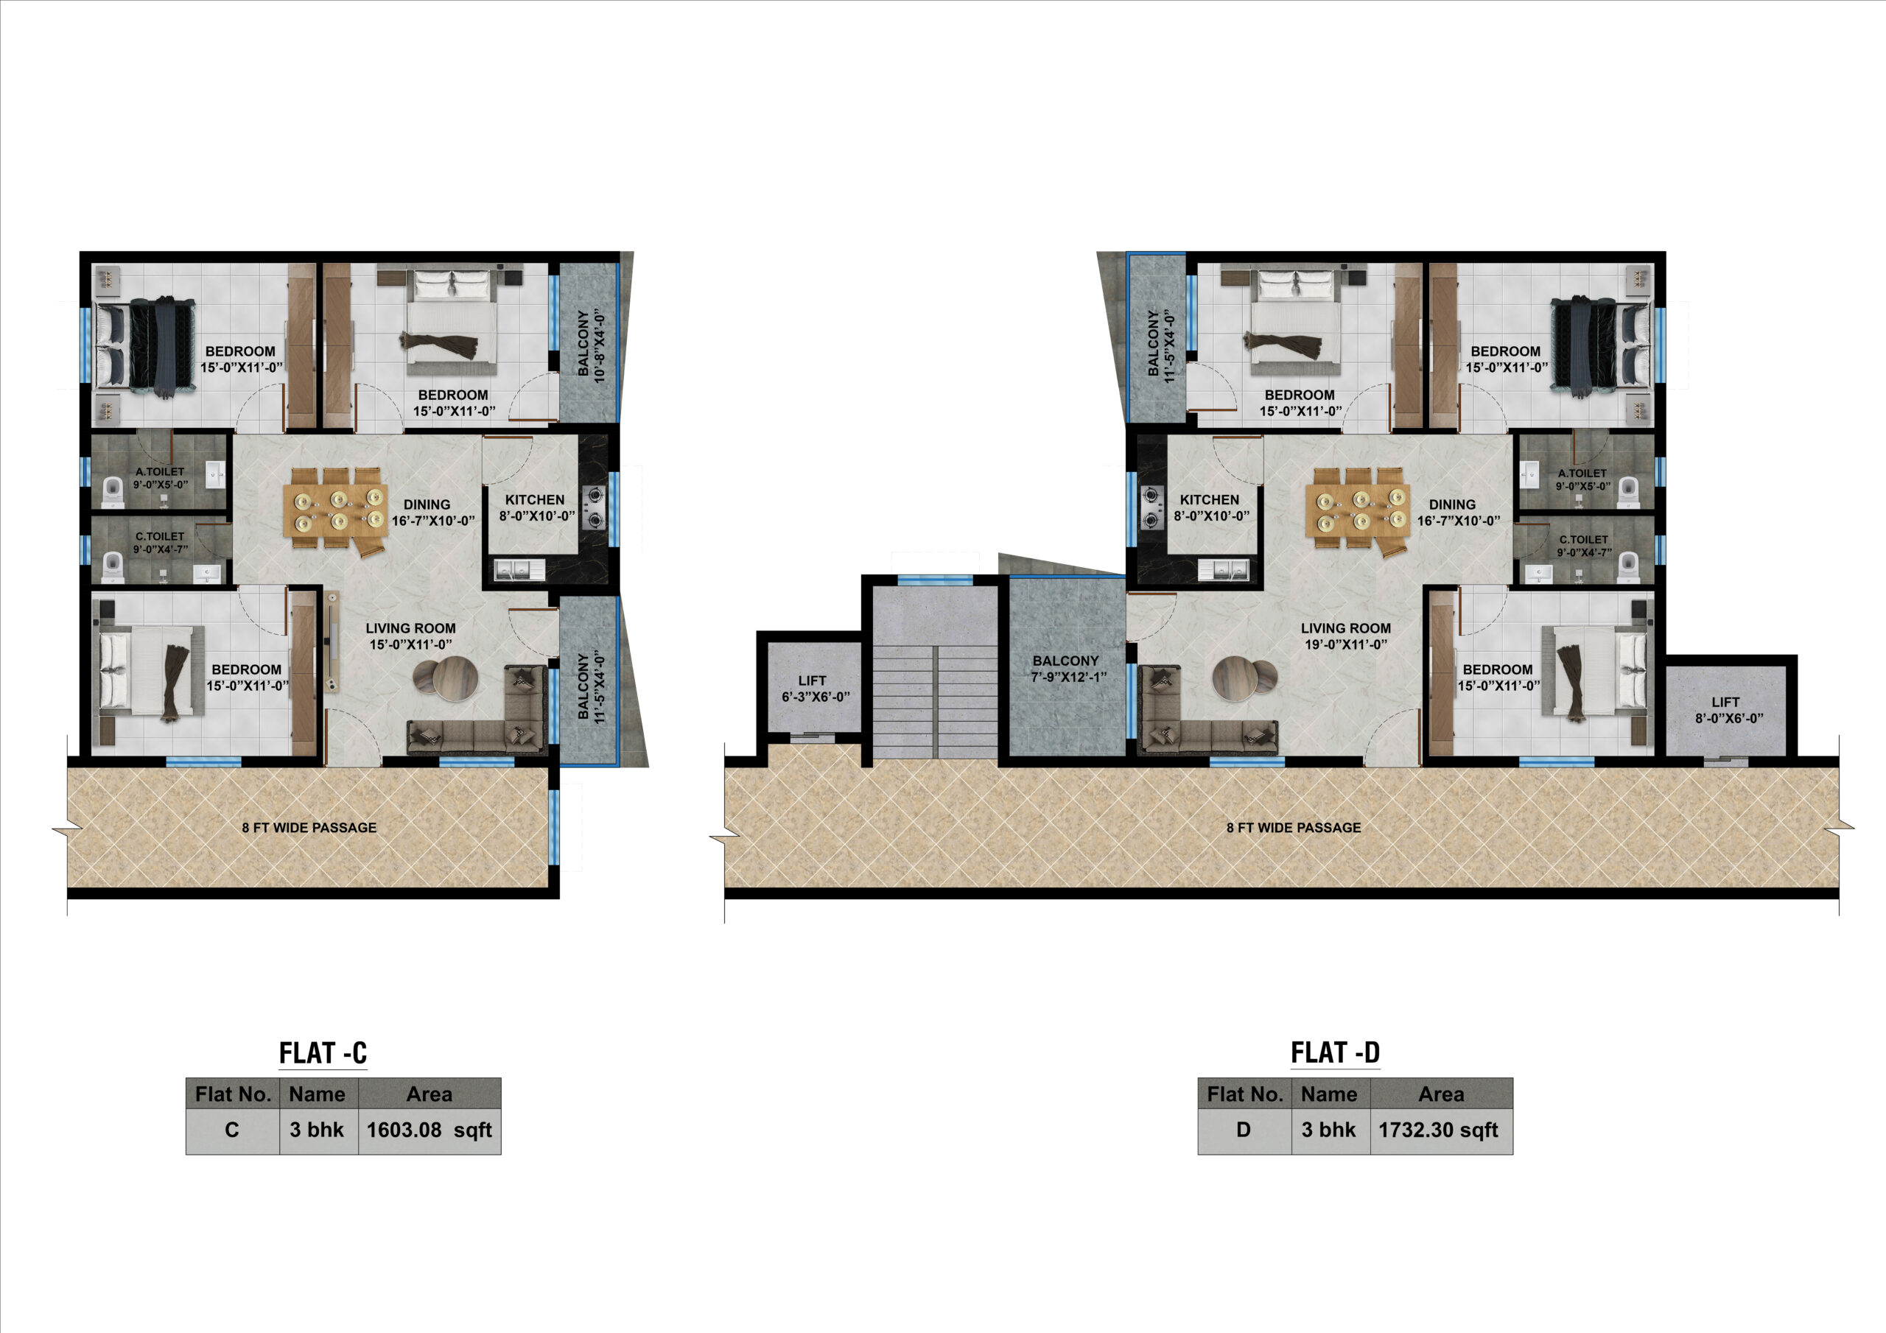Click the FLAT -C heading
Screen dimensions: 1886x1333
[323, 1053]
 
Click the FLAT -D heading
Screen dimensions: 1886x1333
[1335, 1052]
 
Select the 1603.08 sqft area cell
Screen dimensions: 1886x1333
[430, 1130]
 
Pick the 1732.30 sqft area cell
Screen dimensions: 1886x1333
[1441, 1130]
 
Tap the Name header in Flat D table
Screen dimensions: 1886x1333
[1330, 1094]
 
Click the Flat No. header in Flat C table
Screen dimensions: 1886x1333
[234, 1094]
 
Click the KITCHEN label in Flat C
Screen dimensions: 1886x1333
[535, 499]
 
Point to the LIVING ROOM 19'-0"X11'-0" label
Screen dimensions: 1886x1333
[1345, 636]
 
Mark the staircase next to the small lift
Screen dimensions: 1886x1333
[935, 672]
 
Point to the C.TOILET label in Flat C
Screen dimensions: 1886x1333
[160, 536]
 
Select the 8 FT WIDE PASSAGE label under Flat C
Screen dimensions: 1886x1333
[309, 827]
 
